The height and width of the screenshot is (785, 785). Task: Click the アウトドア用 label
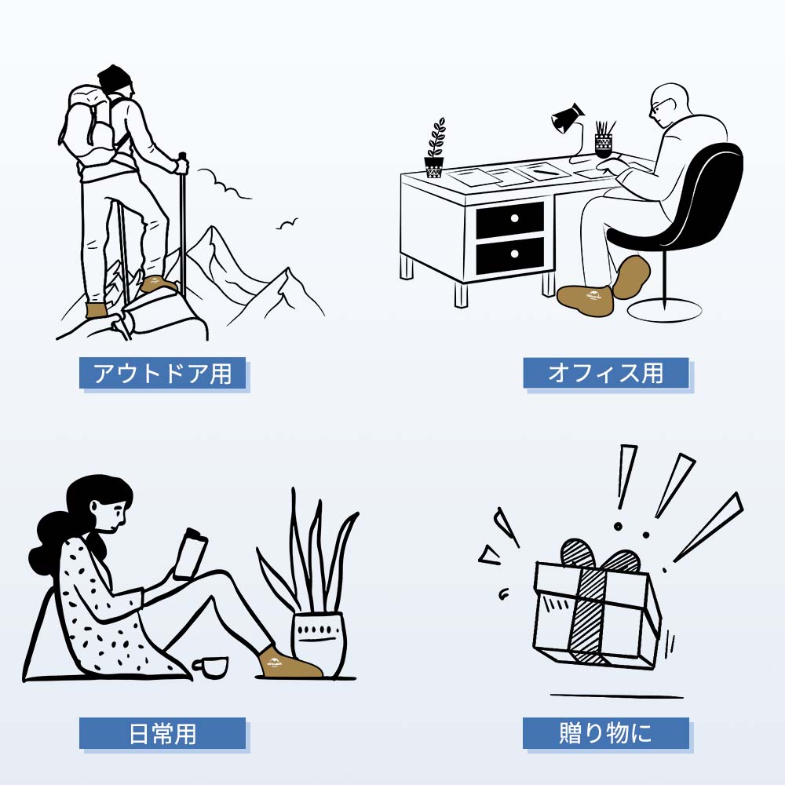tap(162, 374)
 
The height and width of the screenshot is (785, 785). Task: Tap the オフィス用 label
tap(605, 373)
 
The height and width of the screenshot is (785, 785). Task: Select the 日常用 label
tap(162, 733)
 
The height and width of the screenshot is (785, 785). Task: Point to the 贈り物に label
tap(605, 733)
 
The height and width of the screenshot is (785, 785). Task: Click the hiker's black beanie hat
tap(115, 79)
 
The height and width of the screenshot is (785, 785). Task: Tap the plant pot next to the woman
tap(318, 640)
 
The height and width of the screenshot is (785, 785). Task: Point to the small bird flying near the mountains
tap(287, 225)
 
